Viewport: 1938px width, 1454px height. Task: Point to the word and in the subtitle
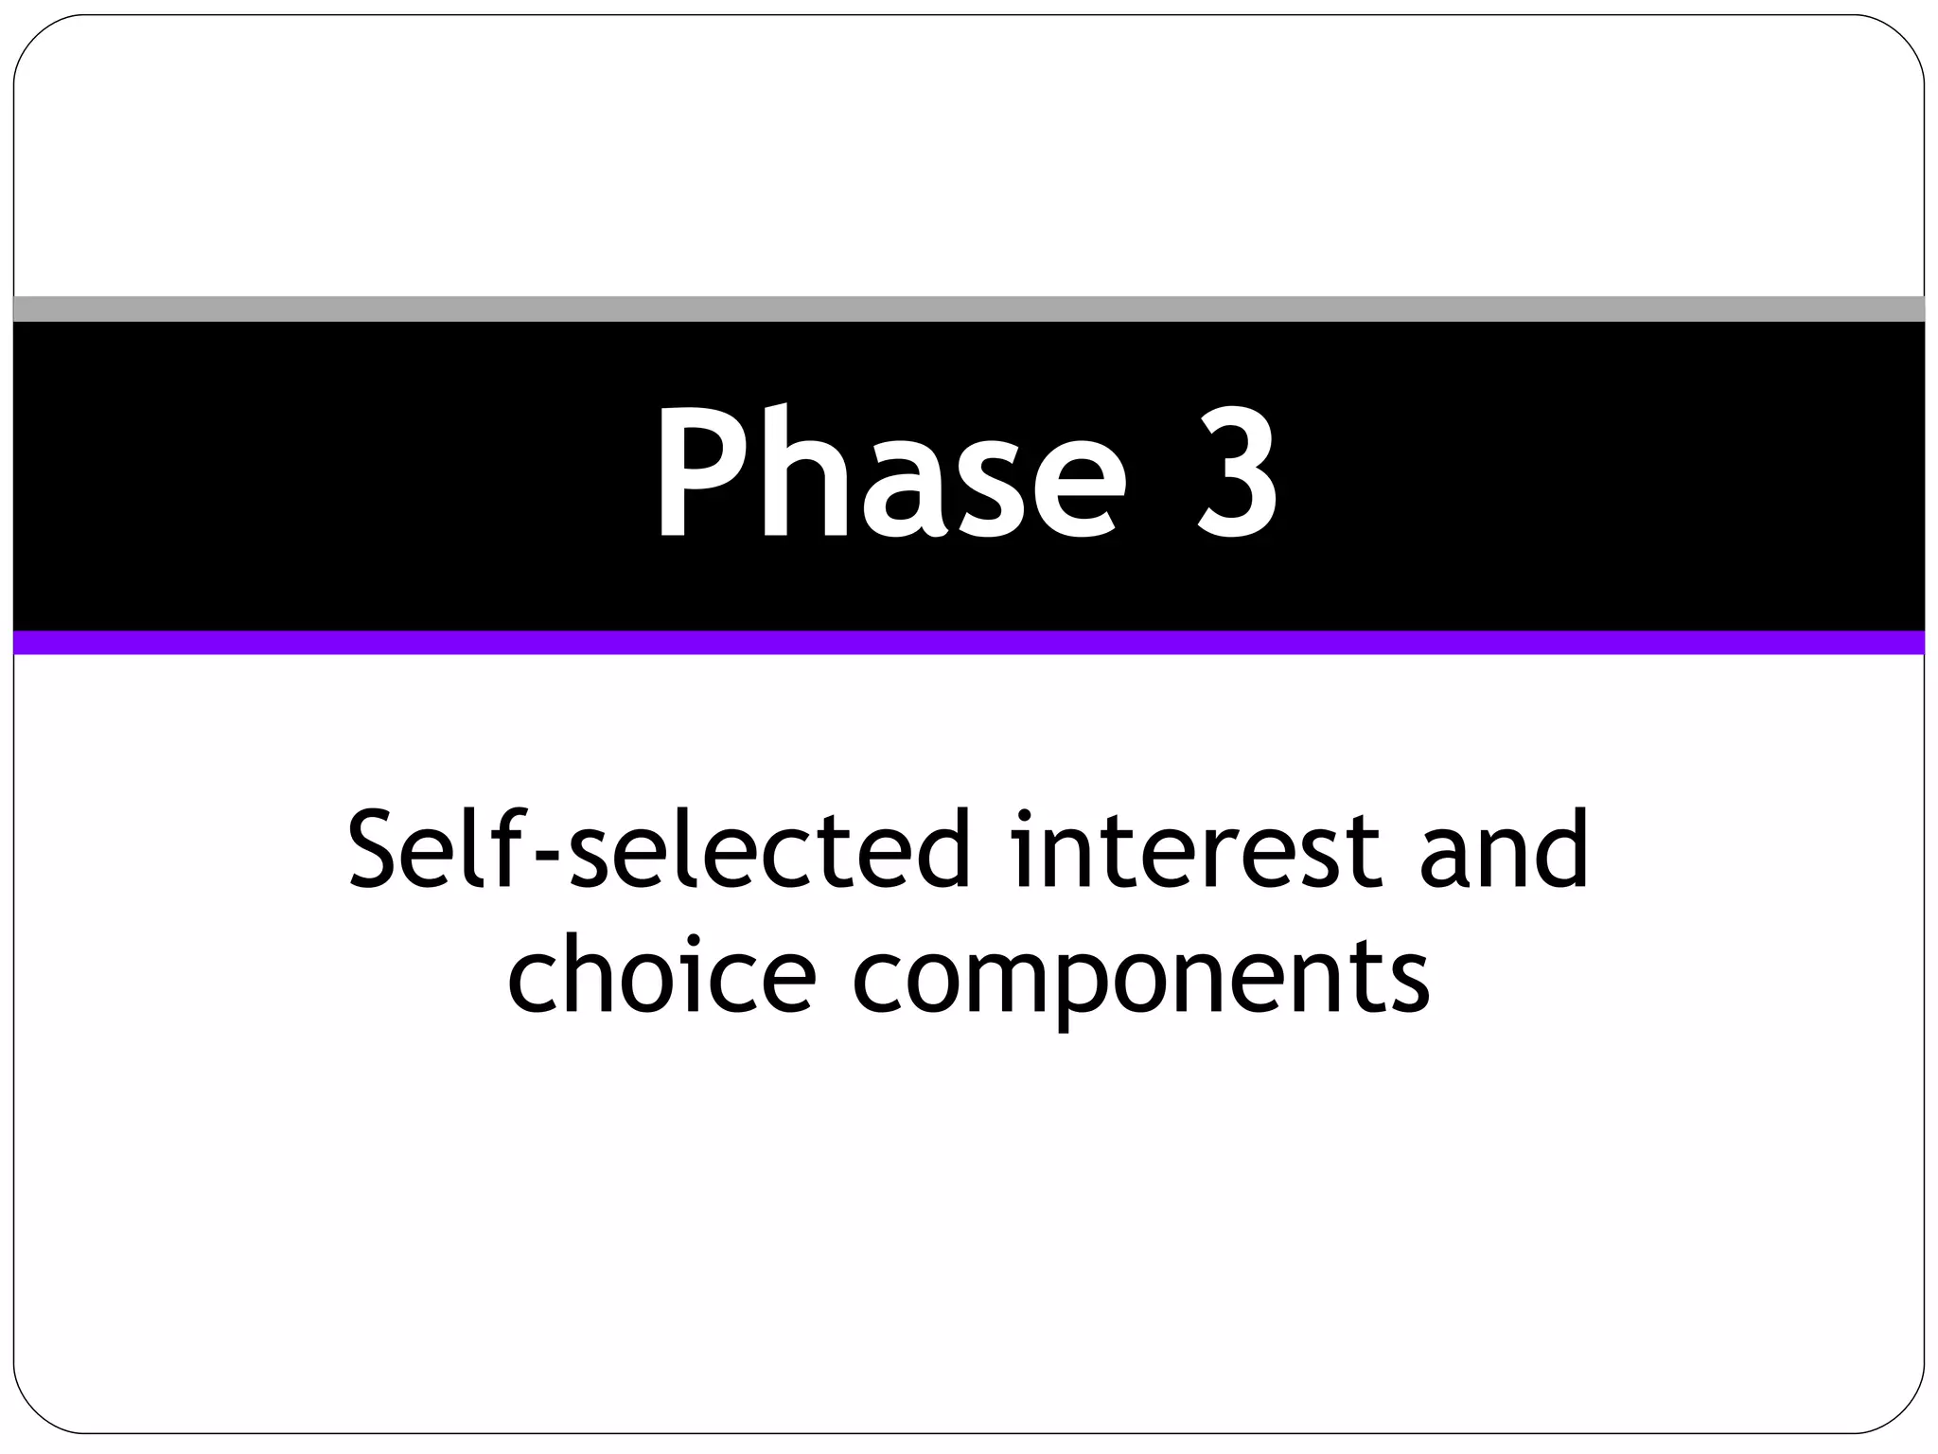(1504, 849)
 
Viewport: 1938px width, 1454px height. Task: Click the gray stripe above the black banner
(969, 309)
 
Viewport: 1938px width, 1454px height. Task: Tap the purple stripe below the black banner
(969, 643)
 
